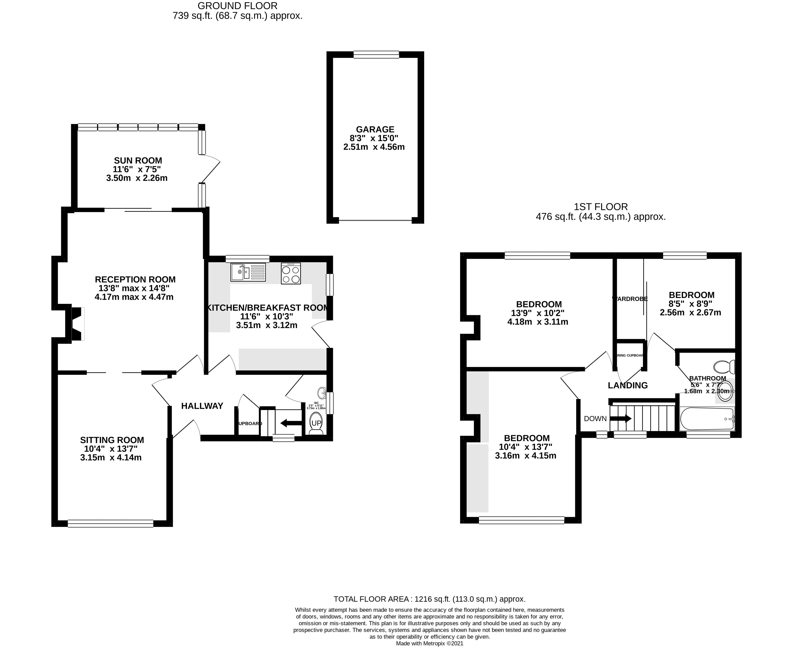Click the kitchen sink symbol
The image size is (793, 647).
pos(248,272)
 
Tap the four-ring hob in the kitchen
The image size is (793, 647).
pos(291,274)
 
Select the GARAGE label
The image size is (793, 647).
pos(375,129)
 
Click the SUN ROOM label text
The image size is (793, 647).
pos(138,161)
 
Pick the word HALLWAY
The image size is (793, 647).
pos(202,406)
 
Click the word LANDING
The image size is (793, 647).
pos(628,385)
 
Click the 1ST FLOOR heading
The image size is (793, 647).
pos(601,207)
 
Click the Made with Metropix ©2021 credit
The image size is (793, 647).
pos(429,643)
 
